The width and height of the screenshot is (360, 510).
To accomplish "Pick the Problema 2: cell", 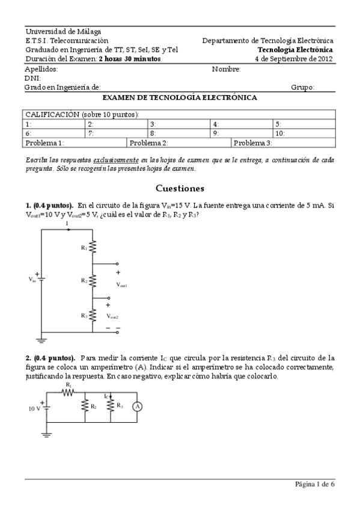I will coord(179,143).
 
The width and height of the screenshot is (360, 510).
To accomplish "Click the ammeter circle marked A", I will coord(137,407).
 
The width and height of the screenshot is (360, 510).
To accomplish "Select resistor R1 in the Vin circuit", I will coord(93,247).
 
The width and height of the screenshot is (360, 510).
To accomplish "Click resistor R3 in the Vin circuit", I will coord(93,315).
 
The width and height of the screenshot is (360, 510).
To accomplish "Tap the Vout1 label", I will coord(121,285).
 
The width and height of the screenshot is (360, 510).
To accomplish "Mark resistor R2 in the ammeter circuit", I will coord(85,407).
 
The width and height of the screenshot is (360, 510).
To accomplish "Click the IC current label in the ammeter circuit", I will coord(106,396).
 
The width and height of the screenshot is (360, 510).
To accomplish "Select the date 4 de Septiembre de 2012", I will coord(294,59).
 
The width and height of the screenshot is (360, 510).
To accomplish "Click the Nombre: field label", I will coord(226,69).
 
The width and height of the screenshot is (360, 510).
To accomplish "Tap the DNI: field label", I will coord(32,78).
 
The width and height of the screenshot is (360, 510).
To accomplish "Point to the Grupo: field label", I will coord(303,87).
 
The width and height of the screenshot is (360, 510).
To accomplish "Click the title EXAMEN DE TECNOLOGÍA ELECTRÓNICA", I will coord(180,97).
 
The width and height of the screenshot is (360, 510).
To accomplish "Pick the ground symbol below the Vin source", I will coord(41,340).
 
